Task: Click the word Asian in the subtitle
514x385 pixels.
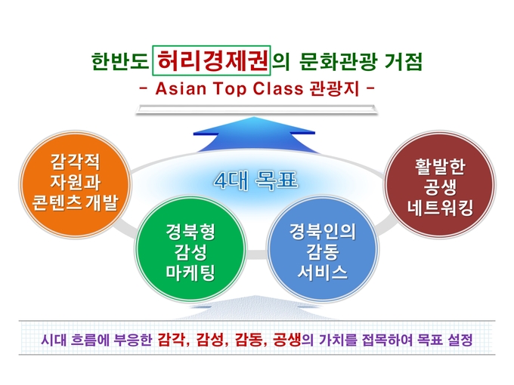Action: point(181,88)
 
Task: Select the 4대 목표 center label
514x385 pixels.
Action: point(255,180)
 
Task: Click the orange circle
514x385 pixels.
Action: point(75,184)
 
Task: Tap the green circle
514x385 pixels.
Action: point(190,249)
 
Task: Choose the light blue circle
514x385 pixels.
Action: point(323,249)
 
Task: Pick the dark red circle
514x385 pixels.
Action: point(440,184)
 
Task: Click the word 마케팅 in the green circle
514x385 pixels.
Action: point(190,272)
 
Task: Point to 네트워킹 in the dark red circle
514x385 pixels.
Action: point(440,208)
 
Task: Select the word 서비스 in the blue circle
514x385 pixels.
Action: point(323,272)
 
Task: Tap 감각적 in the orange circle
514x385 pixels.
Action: point(75,162)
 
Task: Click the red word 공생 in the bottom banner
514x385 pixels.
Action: point(286,340)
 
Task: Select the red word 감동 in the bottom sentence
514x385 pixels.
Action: point(248,340)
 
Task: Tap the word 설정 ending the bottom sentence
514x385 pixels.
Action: point(460,340)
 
